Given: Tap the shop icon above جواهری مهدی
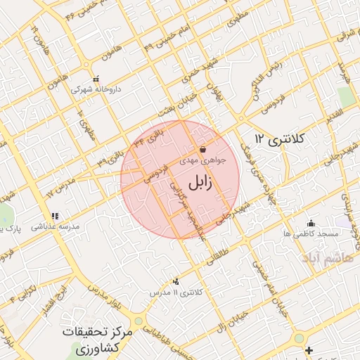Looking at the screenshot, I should coord(202,149).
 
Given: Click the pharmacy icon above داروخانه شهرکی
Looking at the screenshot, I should coord(96,79).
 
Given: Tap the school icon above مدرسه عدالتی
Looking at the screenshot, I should coord(55,216).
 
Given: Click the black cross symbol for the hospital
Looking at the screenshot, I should coord(309,349).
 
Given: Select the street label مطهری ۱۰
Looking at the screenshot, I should coord(86,122).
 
